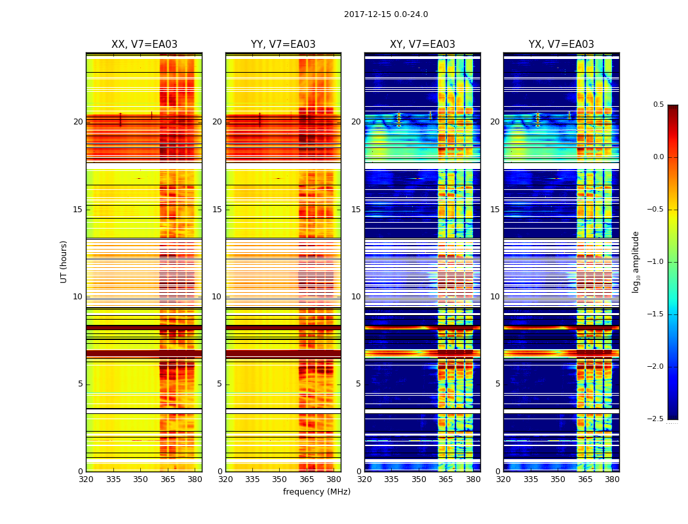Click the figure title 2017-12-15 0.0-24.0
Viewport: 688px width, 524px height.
pyautogui.click(x=386, y=14)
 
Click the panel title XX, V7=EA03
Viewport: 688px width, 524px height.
pyautogui.click(x=144, y=45)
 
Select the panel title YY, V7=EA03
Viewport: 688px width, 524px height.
pyautogui.click(x=283, y=45)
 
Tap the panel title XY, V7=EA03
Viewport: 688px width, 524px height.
pyautogui.click(x=422, y=45)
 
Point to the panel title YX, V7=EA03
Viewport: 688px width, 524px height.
pyautogui.click(x=562, y=45)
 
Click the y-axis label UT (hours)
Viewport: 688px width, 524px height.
pyautogui.click(x=64, y=261)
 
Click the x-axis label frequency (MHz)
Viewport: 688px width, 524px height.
pyautogui.click(x=316, y=492)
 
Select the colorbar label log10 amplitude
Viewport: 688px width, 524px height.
pyautogui.click(x=636, y=261)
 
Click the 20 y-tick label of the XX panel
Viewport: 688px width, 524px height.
pyautogui.click(x=78, y=122)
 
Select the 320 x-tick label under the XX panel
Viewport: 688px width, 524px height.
pyautogui.click(x=86, y=479)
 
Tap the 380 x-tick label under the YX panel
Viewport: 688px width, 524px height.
pyautogui.click(x=612, y=479)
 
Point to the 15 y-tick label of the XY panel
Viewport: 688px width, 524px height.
pyautogui.click(x=356, y=210)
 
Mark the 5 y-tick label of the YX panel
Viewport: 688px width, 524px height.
pyautogui.click(x=498, y=384)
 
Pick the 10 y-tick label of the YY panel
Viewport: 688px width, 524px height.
pyautogui.click(x=217, y=297)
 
